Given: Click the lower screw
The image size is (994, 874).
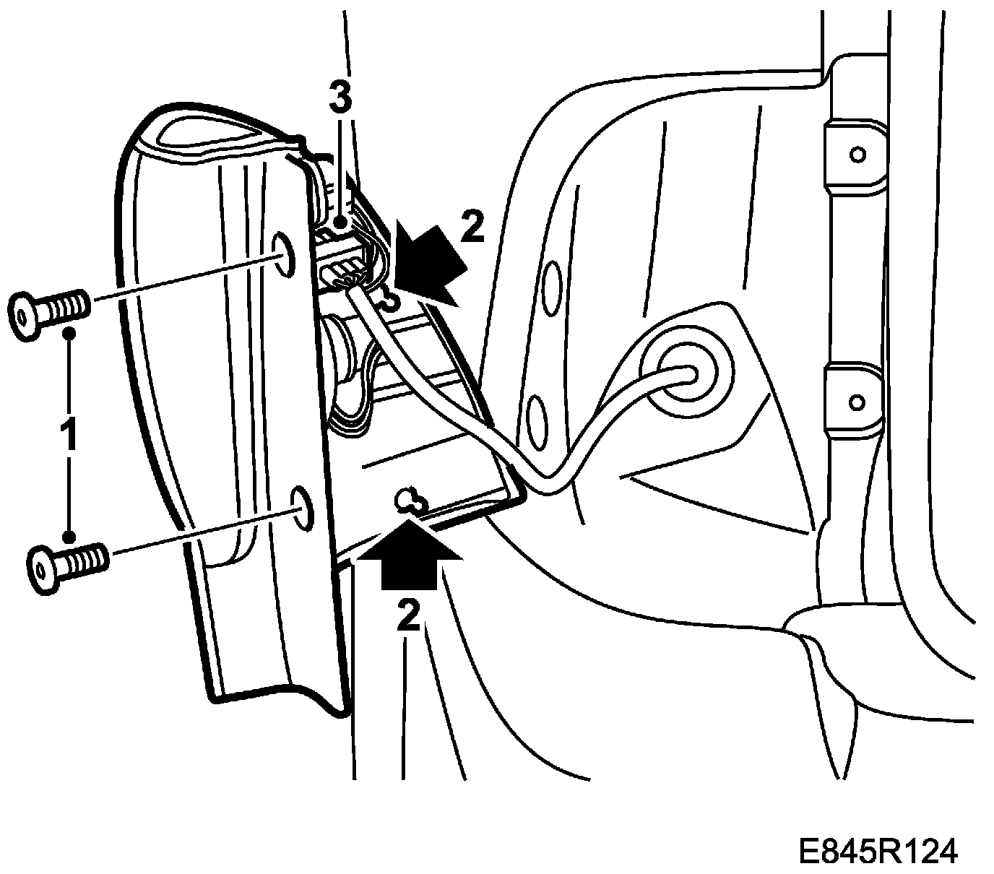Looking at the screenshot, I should pos(67,560).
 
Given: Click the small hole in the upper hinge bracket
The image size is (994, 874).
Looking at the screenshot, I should pos(857,154).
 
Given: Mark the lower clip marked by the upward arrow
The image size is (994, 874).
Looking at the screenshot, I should pos(410,500).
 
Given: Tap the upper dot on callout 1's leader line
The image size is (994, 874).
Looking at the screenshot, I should pos(69,333).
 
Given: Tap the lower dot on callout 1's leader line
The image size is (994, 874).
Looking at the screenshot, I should pos(69,536).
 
